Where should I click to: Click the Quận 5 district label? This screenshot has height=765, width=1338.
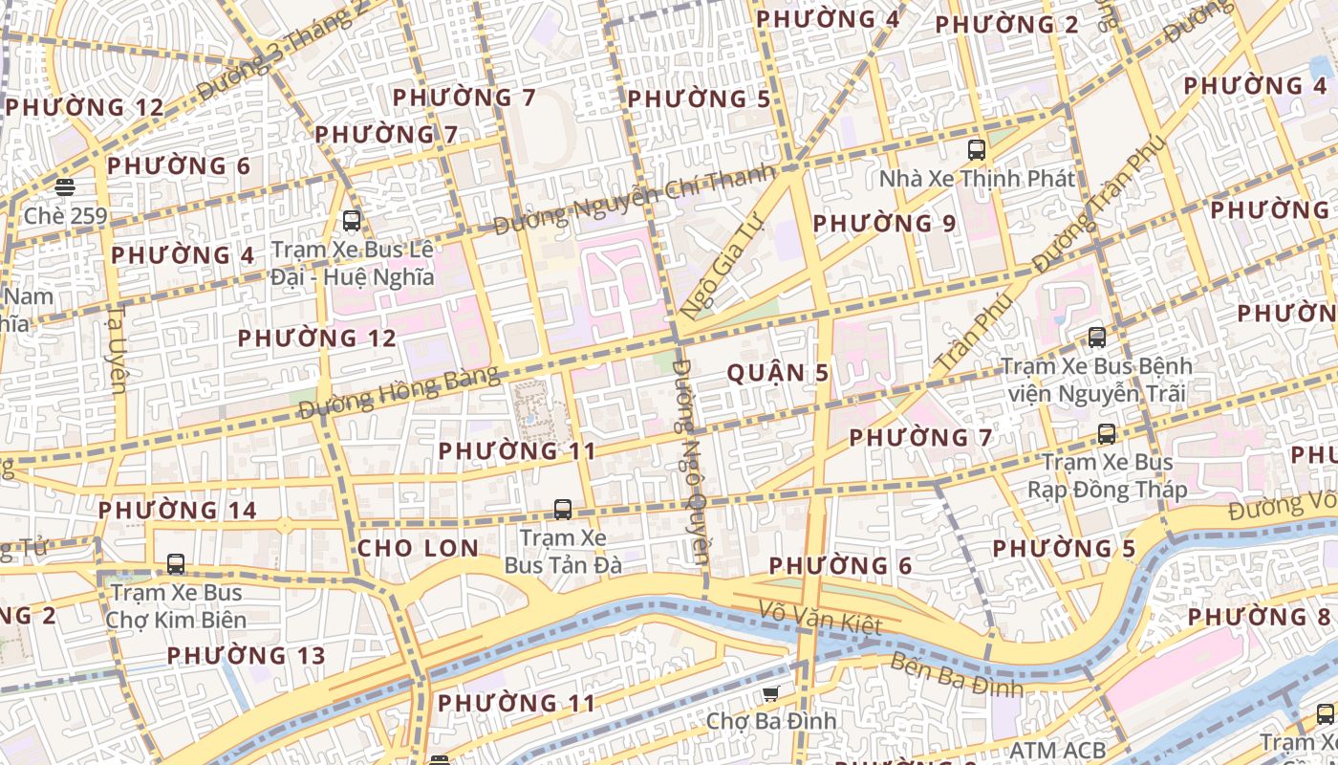point(778,373)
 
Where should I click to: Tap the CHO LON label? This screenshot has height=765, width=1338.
point(418,548)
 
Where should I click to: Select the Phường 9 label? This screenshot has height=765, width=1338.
point(884,224)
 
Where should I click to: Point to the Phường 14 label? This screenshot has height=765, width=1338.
point(178,510)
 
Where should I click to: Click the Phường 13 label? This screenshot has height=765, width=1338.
point(247,656)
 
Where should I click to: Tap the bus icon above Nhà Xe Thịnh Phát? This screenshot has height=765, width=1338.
point(976,149)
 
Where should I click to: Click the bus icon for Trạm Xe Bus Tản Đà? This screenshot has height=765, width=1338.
point(563,509)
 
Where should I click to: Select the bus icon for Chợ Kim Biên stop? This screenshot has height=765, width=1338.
point(175,563)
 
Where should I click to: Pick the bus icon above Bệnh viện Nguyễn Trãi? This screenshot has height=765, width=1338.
point(1096,337)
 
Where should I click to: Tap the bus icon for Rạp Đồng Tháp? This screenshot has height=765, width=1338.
point(1107,434)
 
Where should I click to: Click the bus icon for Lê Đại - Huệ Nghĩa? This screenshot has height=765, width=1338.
point(352,221)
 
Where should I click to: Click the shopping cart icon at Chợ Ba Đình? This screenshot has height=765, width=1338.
point(770,692)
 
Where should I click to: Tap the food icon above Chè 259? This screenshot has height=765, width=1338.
point(65,186)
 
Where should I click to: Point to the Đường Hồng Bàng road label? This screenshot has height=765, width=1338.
point(399,392)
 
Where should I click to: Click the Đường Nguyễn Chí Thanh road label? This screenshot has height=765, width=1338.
point(633,201)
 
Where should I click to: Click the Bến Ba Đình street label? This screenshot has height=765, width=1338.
point(956,675)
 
